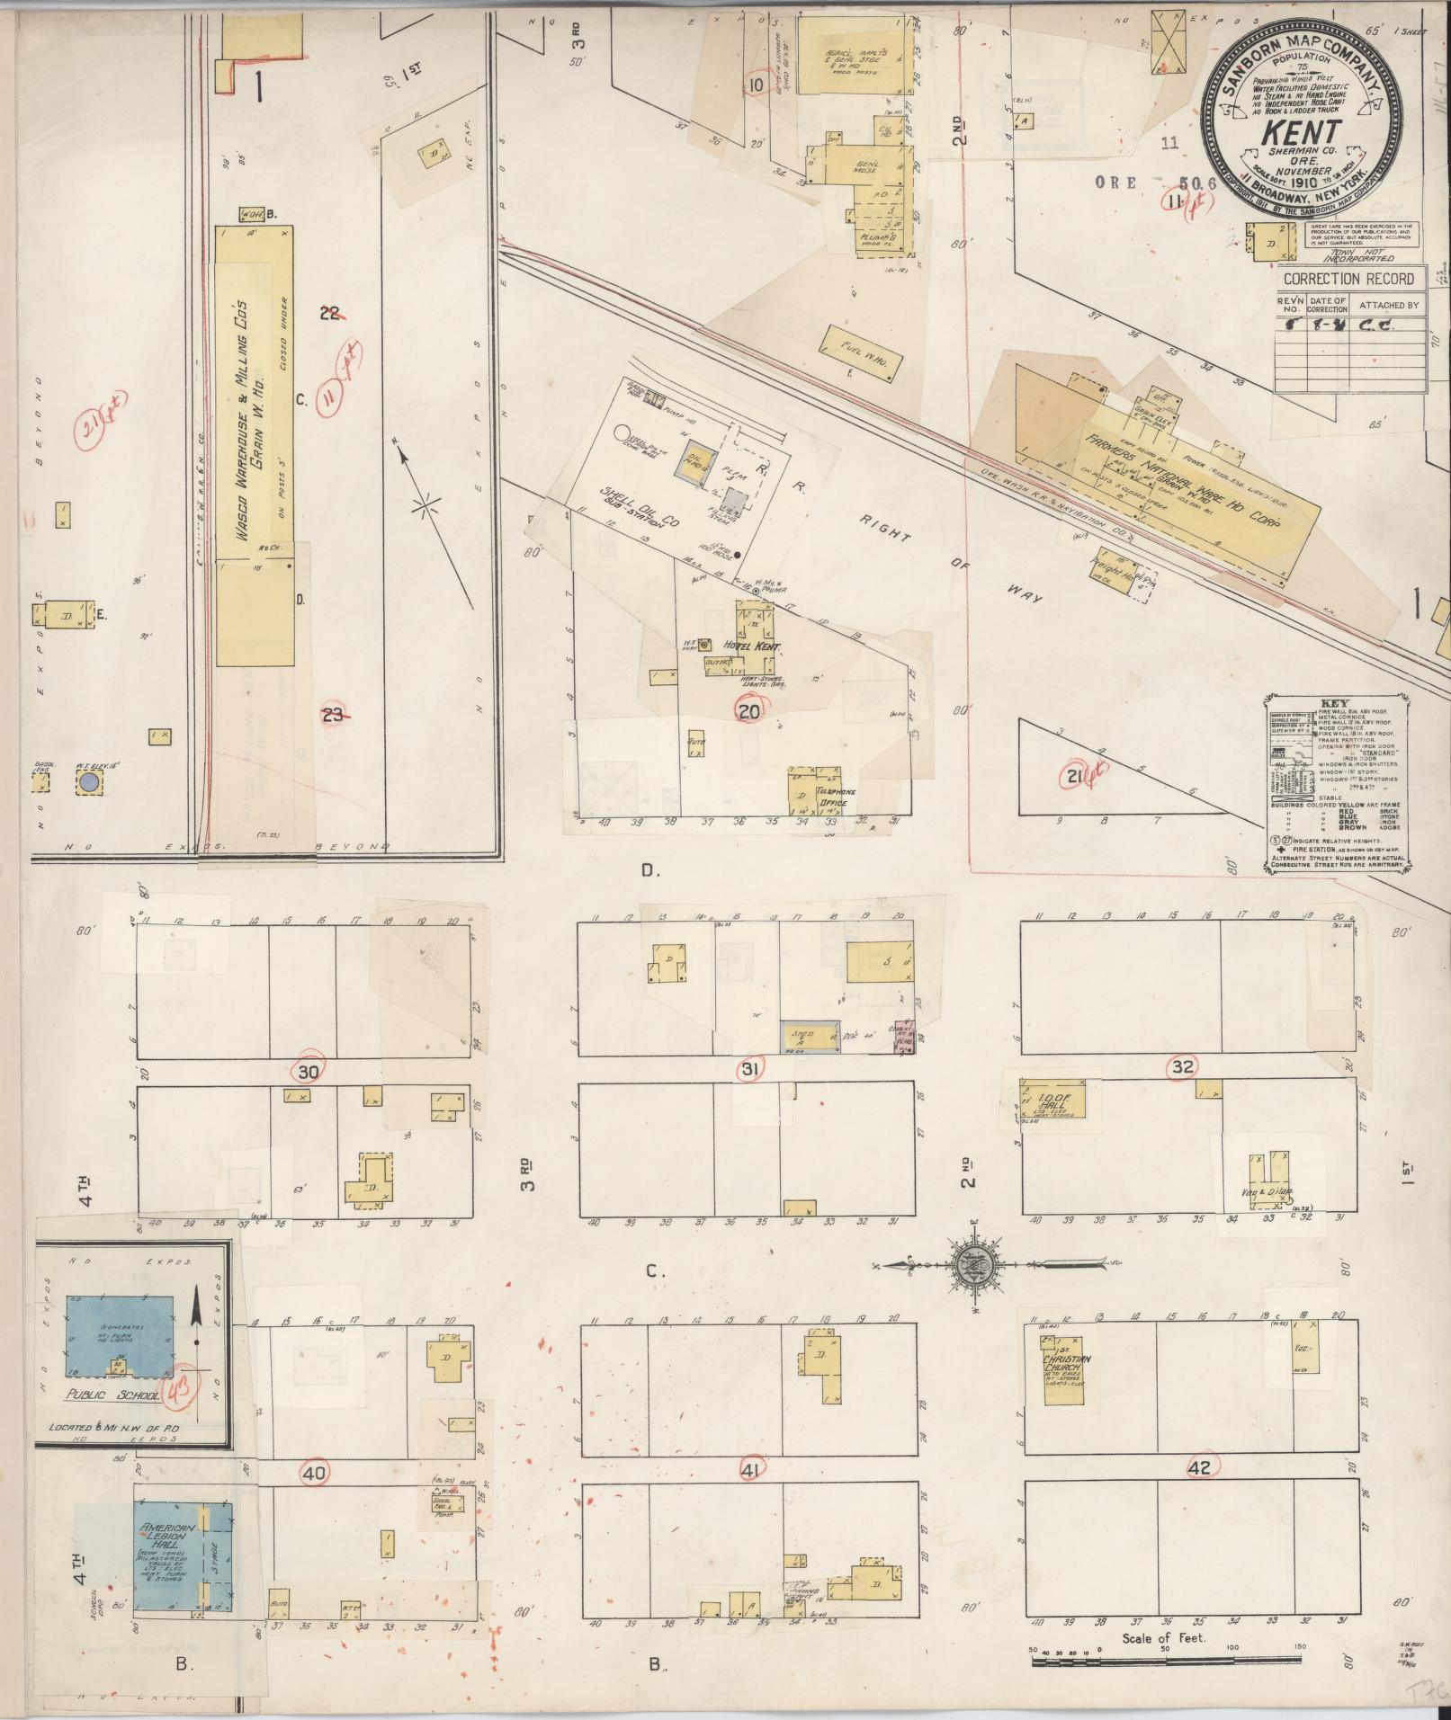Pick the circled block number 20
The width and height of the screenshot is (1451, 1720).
tap(748, 711)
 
